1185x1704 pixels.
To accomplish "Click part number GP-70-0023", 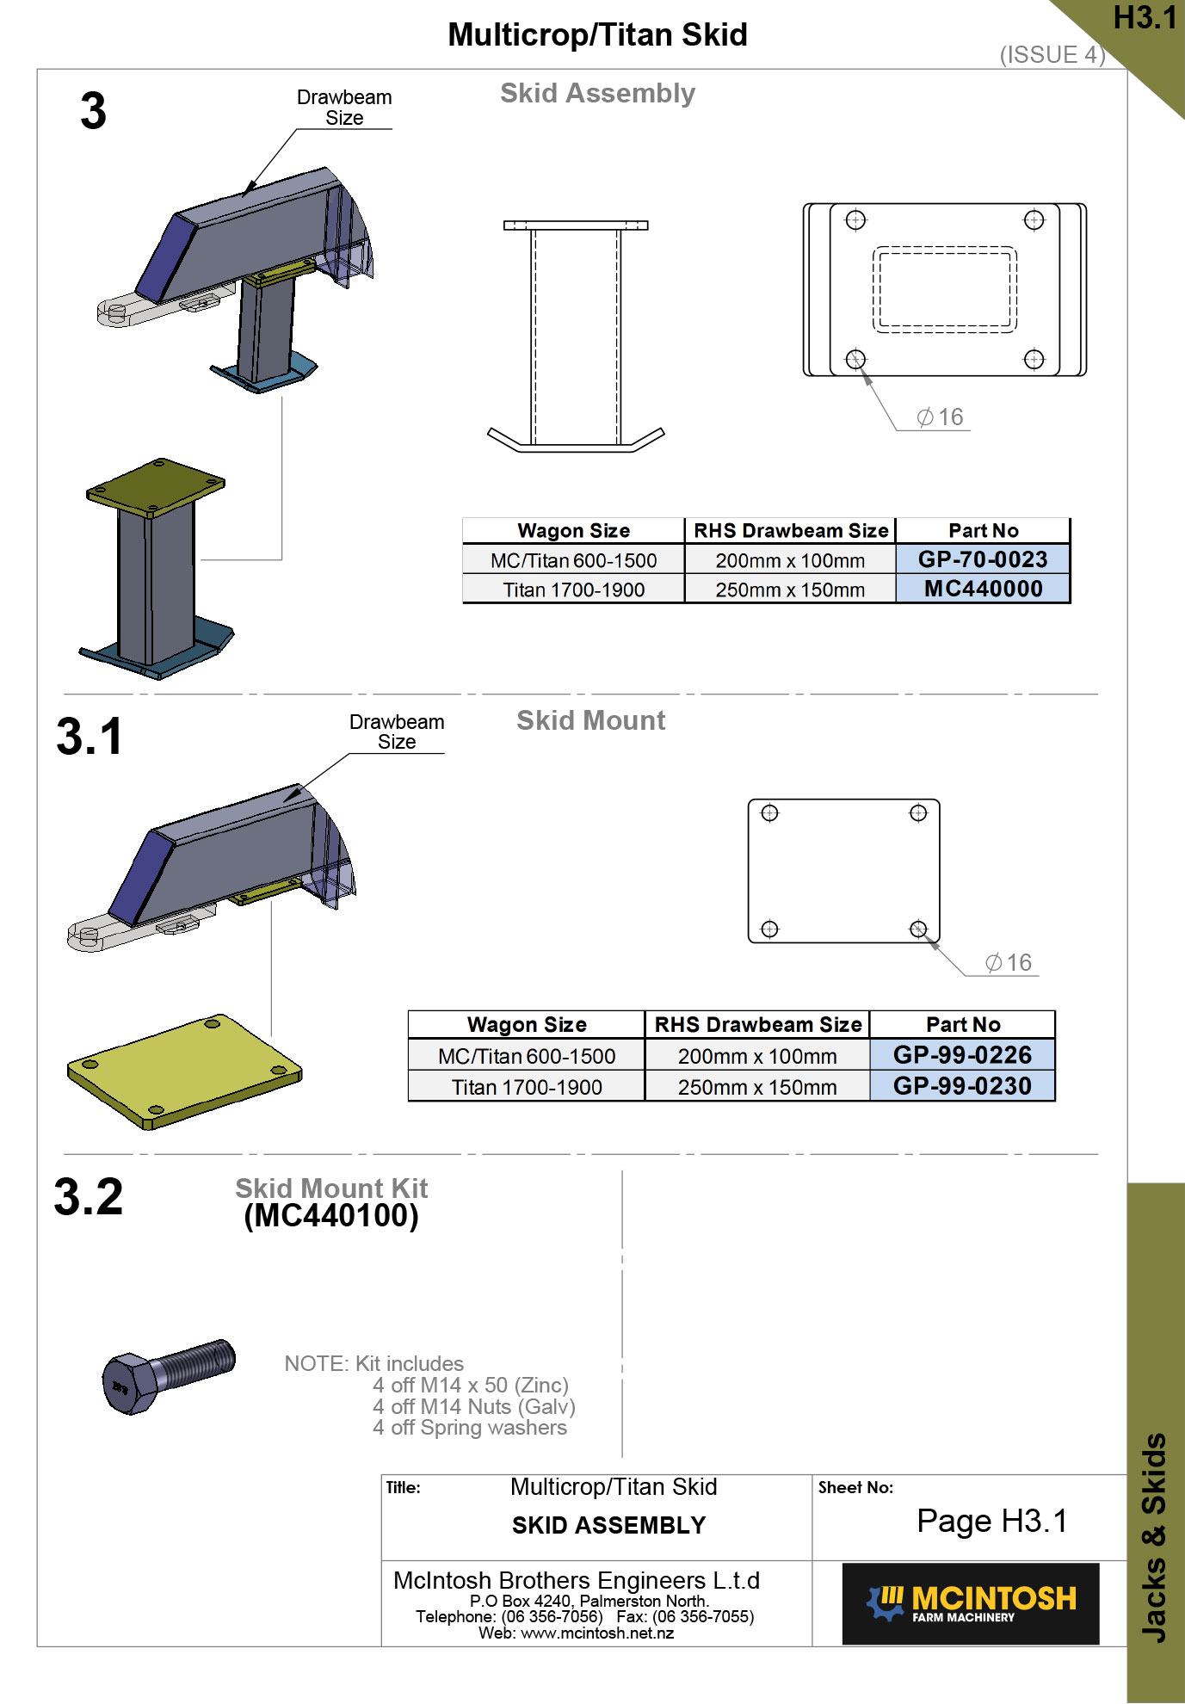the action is click(x=983, y=559).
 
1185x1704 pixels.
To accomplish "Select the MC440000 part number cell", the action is click(x=983, y=589).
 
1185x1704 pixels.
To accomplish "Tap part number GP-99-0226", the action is click(x=962, y=1055).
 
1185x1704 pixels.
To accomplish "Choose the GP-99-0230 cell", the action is click(x=962, y=1086).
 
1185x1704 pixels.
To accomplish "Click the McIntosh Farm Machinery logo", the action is click(x=971, y=1604).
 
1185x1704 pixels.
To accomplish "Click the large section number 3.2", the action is click(x=89, y=1197).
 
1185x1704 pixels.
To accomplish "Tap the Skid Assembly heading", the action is click(x=598, y=93).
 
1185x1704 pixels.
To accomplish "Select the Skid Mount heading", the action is click(x=591, y=720).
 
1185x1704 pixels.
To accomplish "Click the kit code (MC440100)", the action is click(x=331, y=1216).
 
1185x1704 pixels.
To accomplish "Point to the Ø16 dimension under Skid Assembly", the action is click(x=940, y=417).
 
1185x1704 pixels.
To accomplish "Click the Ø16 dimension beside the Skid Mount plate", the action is click(x=1009, y=963).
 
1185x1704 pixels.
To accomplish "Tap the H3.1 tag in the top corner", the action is click(x=1145, y=18).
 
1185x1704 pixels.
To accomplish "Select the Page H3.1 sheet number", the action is click(x=992, y=1522).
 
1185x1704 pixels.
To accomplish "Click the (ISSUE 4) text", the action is click(x=1052, y=55).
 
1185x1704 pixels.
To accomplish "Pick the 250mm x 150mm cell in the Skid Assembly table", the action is click(x=790, y=590).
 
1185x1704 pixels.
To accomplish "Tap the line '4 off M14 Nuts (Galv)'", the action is click(x=474, y=1407).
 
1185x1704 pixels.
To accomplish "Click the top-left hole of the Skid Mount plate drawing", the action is click(x=769, y=813).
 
